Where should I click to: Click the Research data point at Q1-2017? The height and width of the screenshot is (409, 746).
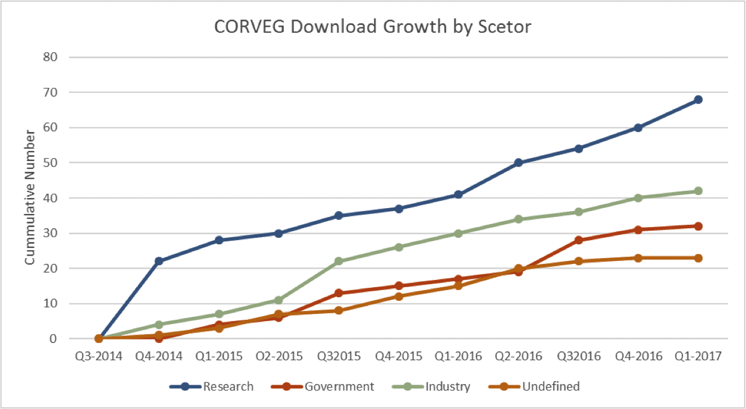[x=698, y=99]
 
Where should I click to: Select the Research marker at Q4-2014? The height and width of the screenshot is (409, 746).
[x=159, y=261]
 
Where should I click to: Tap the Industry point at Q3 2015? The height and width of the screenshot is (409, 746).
[x=338, y=261]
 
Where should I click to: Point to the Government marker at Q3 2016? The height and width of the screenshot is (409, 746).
[x=578, y=240]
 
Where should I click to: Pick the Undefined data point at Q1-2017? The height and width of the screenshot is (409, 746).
[x=698, y=258]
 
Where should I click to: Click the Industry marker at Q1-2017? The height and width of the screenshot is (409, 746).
[x=698, y=191]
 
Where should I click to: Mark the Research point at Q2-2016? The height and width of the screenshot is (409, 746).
[x=518, y=162]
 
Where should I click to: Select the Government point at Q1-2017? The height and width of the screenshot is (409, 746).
[x=698, y=226]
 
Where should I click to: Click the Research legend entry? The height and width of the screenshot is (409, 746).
[x=228, y=386]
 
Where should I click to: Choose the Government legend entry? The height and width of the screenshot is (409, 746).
[x=339, y=386]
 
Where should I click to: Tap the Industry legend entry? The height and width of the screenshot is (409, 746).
[x=447, y=386]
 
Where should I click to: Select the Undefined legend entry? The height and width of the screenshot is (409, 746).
[x=550, y=386]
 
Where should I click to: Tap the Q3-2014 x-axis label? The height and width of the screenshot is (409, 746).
[x=99, y=357]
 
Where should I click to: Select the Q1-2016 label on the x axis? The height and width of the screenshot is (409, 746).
[x=458, y=357]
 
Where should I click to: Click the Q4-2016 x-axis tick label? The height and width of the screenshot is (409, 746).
[x=638, y=357]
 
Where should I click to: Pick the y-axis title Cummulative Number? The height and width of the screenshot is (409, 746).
[x=30, y=198]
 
